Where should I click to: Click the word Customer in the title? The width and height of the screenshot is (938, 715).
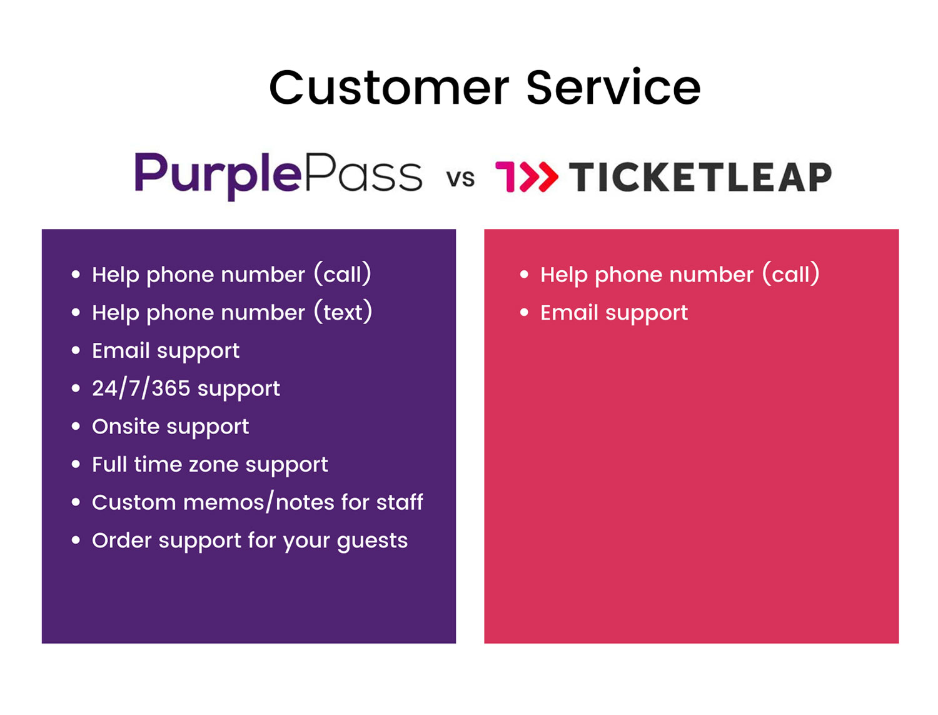pyautogui.click(x=388, y=88)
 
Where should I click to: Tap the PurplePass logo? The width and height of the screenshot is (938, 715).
pyautogui.click(x=278, y=175)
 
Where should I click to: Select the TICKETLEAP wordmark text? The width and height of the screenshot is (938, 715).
pyautogui.click(x=700, y=177)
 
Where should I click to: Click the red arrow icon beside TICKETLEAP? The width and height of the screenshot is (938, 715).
pyautogui.click(x=527, y=177)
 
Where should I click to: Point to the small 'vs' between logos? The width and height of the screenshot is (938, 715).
pyautogui.click(x=461, y=179)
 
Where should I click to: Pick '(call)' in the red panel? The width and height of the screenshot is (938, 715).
pyautogui.click(x=790, y=274)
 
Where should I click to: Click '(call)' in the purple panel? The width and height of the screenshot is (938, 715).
pyautogui.click(x=342, y=274)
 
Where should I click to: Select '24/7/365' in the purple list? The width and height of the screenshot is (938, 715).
pyautogui.click(x=141, y=388)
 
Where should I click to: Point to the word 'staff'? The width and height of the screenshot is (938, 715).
pyautogui.click(x=400, y=502)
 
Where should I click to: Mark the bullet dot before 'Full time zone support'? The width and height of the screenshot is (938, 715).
pyautogui.click(x=76, y=464)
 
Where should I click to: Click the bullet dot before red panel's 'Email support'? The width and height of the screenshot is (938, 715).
pyautogui.click(x=524, y=312)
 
